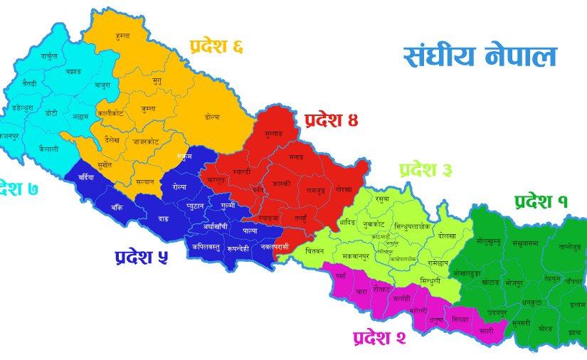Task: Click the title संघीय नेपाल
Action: tap(480, 57)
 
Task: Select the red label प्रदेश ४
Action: tap(331, 120)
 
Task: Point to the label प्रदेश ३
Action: tap(425, 170)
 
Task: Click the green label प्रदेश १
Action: tap(541, 201)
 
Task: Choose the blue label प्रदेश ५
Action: tap(141, 257)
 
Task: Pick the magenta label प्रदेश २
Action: tap(379, 337)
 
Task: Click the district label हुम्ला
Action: tap(122, 36)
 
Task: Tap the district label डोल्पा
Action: tap(212, 117)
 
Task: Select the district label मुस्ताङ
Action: tap(273, 133)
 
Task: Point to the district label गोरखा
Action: tap(344, 190)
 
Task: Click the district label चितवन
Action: tap(314, 251)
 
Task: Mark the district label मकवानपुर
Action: tap(357, 255)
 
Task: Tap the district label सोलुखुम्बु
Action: tap(488, 242)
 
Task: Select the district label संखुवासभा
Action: tap(526, 243)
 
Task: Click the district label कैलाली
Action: tap(48, 149)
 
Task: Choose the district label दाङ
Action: tap(163, 218)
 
